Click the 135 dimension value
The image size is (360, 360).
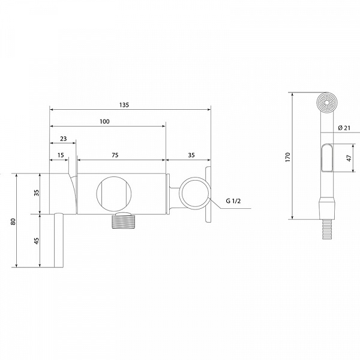[x=124, y=105]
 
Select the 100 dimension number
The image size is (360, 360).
[x=104, y=121]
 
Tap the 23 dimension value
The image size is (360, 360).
[x=64, y=139]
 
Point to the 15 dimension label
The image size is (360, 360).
[x=61, y=155]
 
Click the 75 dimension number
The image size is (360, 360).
[x=115, y=155]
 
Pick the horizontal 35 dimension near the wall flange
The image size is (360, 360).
[x=191, y=155]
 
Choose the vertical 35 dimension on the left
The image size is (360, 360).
[x=36, y=193]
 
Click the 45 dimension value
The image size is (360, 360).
[x=36, y=241]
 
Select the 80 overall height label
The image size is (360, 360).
[x=13, y=221]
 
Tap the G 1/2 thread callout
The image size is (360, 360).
[x=233, y=201]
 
